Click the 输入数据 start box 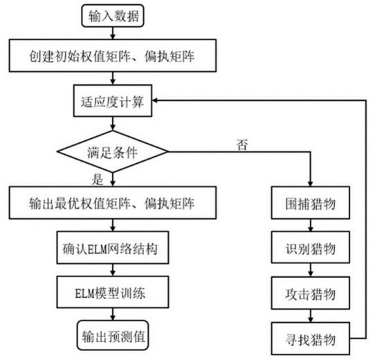(x=113, y=16)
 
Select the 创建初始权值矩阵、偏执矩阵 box (x=113, y=56)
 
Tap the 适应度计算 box (x=113, y=101)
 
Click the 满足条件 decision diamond (x=113, y=152)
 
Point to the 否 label (x=242, y=145)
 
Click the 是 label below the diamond (x=98, y=179)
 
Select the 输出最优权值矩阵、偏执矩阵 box (x=113, y=203)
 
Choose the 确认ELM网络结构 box (x=113, y=248)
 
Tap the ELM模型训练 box (x=113, y=292)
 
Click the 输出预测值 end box (x=113, y=335)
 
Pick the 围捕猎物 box (x=311, y=203)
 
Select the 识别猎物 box (x=311, y=247)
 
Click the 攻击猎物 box (x=311, y=293)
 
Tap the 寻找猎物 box (x=311, y=339)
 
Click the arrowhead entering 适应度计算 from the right (x=155, y=100)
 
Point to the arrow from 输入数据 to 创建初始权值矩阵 (x=113, y=33)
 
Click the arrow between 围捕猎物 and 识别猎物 (x=311, y=225)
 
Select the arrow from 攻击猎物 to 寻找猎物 (x=311, y=316)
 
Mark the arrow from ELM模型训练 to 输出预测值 (x=113, y=314)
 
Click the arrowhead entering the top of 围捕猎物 (x=311, y=183)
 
